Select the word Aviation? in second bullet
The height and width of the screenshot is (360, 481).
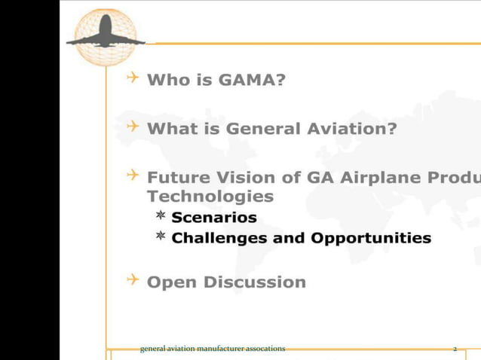351,128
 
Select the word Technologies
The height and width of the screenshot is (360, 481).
210,197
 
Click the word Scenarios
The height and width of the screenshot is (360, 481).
214,218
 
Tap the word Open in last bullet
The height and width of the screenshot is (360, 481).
172,282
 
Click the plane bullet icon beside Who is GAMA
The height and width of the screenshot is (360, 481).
133,78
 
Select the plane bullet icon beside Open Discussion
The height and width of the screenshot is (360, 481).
133,281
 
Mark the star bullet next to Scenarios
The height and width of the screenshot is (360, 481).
161,217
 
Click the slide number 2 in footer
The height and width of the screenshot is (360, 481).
455,349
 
